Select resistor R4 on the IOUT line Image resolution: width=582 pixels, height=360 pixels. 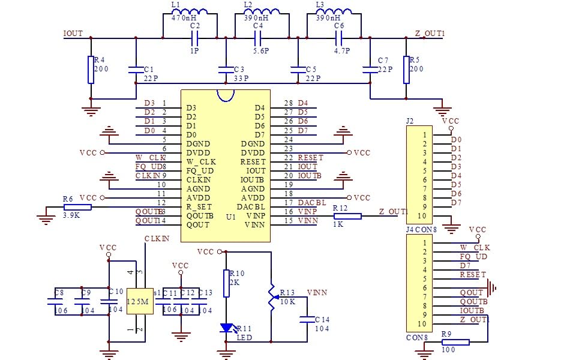click(91, 70)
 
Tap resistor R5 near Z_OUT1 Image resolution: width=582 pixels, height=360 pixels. click(406, 70)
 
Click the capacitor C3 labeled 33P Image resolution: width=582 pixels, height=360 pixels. click(226, 70)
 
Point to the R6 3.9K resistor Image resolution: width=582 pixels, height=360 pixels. click(77, 207)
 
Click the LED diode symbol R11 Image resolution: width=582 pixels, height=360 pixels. click(226, 328)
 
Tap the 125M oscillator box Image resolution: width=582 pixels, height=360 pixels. click(137, 301)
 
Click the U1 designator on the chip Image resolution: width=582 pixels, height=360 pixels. click(230, 216)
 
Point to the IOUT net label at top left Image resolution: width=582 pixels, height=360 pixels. click(73, 34)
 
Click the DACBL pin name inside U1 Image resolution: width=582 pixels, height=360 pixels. click(251, 207)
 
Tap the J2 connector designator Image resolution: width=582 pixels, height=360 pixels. click(410, 121)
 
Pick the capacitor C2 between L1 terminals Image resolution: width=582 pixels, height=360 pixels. click(194, 38)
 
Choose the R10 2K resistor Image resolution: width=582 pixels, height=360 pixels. click(226, 283)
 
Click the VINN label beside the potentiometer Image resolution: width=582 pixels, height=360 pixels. click(317, 292)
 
